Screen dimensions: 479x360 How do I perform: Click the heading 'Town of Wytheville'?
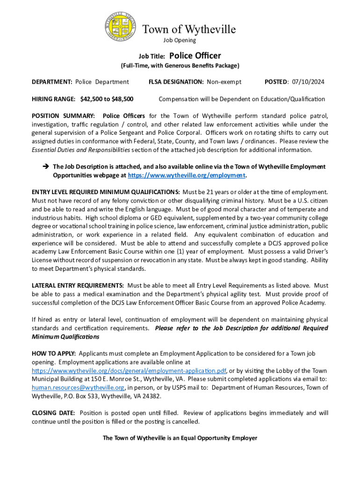tap(189, 29)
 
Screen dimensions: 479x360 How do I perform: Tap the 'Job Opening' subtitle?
tap(183, 40)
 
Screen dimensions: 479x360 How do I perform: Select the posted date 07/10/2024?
tap(308, 82)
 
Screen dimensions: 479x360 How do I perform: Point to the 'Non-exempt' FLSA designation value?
tap(224, 82)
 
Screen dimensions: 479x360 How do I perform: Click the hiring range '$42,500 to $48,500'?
tap(107, 99)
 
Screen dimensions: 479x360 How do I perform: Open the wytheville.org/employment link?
tap(187, 175)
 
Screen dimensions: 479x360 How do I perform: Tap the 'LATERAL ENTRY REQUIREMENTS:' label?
tap(78, 285)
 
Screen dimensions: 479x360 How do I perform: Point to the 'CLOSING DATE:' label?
tap(53, 413)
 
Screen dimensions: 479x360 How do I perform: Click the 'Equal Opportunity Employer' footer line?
tap(180, 438)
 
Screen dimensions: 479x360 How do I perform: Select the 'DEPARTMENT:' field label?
tap(51, 82)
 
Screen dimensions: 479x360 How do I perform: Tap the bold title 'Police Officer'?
tap(195, 56)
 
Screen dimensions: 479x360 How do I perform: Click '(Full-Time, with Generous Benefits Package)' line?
tap(180, 65)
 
